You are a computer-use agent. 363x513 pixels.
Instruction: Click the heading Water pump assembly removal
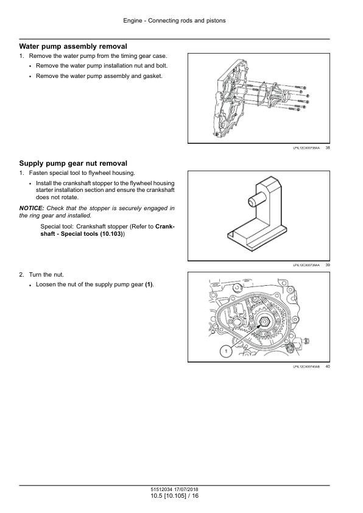tap(73, 46)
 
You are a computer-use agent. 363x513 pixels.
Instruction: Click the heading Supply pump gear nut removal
tap(73, 163)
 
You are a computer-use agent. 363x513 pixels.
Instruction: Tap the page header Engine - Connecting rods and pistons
tap(174, 21)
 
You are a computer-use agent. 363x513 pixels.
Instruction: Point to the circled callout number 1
tap(225, 352)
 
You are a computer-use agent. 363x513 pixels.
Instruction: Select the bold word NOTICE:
tap(32, 208)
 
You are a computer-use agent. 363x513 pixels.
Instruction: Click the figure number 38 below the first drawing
tap(328, 148)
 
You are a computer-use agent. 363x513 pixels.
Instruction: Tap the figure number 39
tap(328, 265)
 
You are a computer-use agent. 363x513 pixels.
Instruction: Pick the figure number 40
tap(328, 366)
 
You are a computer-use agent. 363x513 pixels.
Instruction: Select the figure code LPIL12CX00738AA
tap(306, 148)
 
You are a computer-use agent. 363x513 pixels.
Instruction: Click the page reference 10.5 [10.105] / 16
tap(174, 496)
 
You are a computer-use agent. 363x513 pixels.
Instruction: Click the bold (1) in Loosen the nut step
tap(149, 285)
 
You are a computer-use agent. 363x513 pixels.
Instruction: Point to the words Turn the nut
tap(46, 275)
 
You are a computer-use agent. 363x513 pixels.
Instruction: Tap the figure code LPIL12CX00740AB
tap(306, 367)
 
